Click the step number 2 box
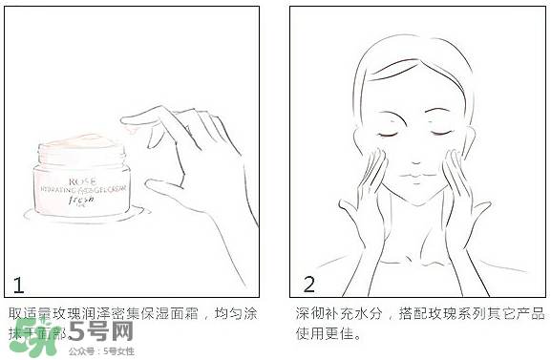pyautogui.click(x=308, y=284)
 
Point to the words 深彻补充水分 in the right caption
pyautogui.click(x=330, y=313)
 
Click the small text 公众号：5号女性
pyautogui.click(x=101, y=351)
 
